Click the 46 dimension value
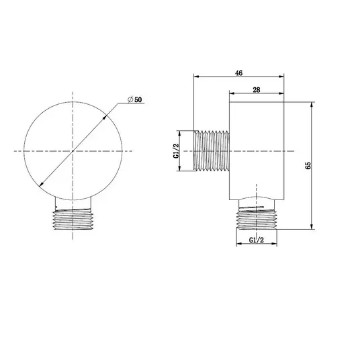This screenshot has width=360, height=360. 239,73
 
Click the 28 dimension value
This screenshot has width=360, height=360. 257,90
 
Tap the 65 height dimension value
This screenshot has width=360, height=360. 308,165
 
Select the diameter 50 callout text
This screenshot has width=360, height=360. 135,99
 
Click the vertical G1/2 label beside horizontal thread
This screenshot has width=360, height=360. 176,151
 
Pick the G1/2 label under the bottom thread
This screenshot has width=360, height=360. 257,240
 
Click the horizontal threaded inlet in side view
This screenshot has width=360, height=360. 212,151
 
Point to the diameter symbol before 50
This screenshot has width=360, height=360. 130,99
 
